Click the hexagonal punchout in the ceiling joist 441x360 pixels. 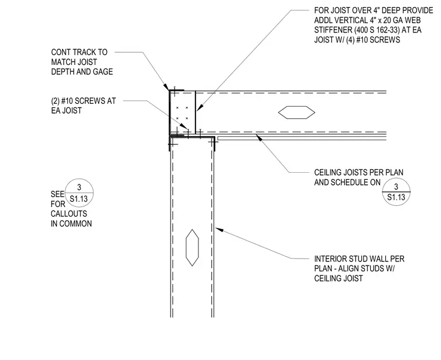(297, 112)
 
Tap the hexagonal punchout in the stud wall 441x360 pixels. (192, 248)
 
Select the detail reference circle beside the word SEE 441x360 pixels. (79, 193)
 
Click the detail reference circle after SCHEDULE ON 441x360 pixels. (396, 192)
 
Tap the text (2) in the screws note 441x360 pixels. (55, 101)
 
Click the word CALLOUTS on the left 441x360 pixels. (69, 214)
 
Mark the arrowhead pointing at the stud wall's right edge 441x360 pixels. (219, 230)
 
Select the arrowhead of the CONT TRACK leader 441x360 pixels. (167, 87)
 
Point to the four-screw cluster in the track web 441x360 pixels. (182, 112)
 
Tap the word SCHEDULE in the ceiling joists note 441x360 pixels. (347, 183)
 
